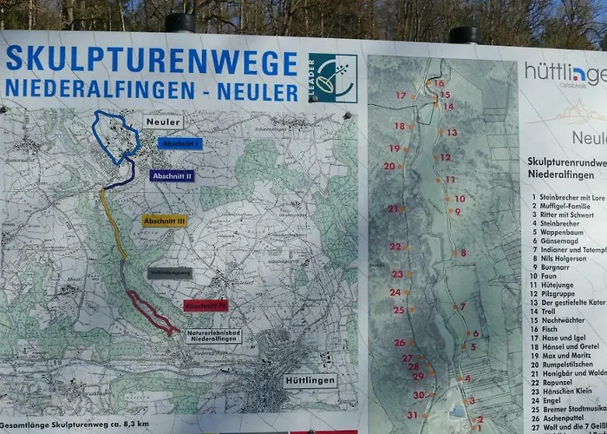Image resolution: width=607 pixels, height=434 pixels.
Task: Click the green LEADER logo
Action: tap(333, 78)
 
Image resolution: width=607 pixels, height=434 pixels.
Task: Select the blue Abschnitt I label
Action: tap(181, 143)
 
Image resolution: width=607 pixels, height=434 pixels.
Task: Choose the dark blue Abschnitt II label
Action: tap(172, 175)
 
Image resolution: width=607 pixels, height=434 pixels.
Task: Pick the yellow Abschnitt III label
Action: tap(164, 221)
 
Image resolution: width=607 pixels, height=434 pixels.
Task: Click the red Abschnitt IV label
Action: tap(206, 306)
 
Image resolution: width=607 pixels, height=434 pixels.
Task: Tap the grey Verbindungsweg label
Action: tap(169, 273)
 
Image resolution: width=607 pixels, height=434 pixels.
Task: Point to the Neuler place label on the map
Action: tap(163, 122)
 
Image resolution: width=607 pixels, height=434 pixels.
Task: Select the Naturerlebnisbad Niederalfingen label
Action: tap(214, 336)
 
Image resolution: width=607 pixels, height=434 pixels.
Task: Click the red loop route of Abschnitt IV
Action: tap(152, 315)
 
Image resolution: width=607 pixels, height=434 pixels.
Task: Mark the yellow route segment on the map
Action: tap(113, 226)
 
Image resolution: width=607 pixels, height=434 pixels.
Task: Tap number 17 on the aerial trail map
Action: tap(401, 95)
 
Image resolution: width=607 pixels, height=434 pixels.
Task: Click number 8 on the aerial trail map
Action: tap(464, 253)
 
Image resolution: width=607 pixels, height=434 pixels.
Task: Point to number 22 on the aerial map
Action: tap(395, 247)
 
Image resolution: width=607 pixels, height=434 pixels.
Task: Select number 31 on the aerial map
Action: tap(412, 415)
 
